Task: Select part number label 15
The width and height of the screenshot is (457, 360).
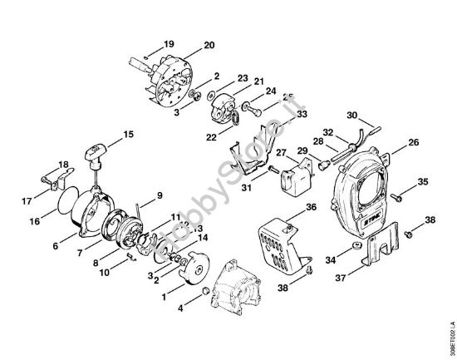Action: pyautogui.click(x=128, y=133)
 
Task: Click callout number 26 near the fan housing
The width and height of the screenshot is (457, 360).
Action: pyautogui.click(x=414, y=141)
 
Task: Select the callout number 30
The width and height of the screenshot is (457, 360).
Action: pyautogui.click(x=351, y=115)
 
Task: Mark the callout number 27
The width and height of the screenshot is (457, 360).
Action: pyautogui.click(x=281, y=152)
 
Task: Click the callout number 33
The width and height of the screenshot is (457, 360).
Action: pyautogui.click(x=278, y=114)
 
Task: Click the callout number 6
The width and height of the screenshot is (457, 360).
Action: pyautogui.click(x=56, y=247)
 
